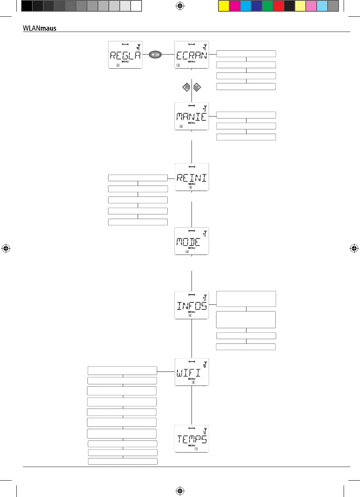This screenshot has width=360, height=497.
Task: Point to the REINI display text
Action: click(191, 178)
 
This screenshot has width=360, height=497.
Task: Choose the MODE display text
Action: click(188, 242)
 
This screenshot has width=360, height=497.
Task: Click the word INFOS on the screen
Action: click(191, 306)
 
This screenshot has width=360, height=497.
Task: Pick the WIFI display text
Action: click(189, 373)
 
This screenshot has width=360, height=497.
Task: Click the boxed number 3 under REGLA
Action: click(117, 65)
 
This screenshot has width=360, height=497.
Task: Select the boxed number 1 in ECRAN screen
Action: click(178, 65)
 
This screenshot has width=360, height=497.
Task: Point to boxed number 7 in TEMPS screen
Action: click(196, 449)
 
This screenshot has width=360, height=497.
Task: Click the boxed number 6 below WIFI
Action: click(193, 383)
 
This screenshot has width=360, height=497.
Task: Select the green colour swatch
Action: click(268, 6)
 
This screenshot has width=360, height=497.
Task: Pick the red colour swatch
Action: click(278, 6)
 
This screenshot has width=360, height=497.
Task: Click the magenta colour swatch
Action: click(235, 6)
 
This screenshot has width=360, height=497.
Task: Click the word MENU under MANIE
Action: click(191, 123)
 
